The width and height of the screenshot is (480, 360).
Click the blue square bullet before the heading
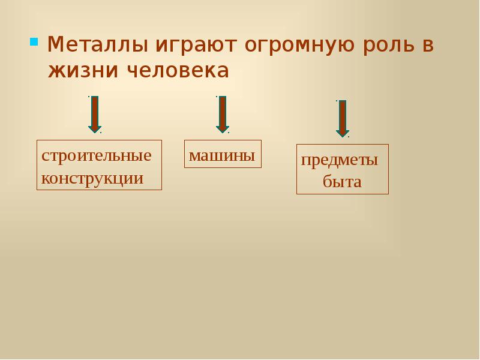[x=34, y=42]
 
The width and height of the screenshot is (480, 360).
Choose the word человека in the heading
[x=178, y=71]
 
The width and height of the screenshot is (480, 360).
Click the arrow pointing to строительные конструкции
[x=95, y=114]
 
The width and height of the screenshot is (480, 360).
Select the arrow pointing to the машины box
[x=222, y=114]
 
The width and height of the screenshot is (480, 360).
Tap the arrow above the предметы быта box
[x=342, y=118]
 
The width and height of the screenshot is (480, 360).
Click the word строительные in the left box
[x=96, y=155]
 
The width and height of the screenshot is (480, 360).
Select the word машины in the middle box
[x=222, y=156]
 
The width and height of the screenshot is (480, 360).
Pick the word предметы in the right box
[x=340, y=160]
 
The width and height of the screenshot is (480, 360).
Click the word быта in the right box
[x=342, y=182]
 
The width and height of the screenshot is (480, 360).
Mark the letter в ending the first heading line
[x=427, y=46]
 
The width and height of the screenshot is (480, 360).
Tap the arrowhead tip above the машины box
[x=222, y=131]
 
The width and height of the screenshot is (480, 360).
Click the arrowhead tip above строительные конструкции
[x=95, y=131]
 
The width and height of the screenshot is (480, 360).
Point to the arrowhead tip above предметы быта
[x=342, y=136]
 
